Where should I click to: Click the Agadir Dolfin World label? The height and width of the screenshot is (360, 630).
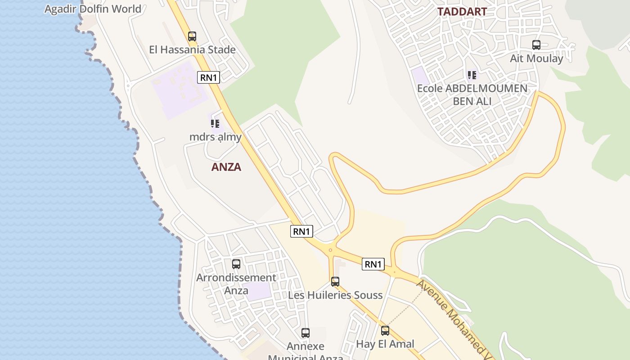coord(93,9)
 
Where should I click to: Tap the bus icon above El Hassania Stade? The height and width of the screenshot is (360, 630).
coord(192,36)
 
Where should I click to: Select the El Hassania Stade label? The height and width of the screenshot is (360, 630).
coord(192,49)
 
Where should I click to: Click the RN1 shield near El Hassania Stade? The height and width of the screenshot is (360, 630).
coord(208,77)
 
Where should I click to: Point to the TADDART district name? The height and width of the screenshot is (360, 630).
coord(462,12)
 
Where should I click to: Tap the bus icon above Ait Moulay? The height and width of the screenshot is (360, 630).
coord(536,45)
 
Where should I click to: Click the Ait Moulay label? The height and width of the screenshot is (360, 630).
coord(536,58)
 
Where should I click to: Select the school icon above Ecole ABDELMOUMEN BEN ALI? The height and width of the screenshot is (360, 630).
coord(472,75)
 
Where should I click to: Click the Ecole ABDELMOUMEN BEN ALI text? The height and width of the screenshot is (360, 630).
coord(472,94)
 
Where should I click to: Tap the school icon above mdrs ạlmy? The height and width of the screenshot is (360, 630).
coord(215,123)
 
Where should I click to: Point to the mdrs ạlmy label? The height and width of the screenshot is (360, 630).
coord(216,137)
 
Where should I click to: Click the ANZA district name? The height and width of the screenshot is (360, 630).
coord(226,167)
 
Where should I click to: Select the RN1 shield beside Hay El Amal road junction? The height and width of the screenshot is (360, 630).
coord(373,264)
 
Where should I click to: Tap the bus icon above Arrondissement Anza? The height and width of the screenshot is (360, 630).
coord(236,264)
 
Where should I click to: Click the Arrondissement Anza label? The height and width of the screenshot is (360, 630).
coord(236,284)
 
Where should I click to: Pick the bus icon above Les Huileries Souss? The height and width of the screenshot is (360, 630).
coord(335,282)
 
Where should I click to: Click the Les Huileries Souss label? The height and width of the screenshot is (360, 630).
coord(335,295)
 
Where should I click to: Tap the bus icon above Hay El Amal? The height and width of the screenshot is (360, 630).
coord(385,331)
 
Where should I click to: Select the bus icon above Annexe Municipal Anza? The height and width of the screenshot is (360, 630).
coord(306,333)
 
